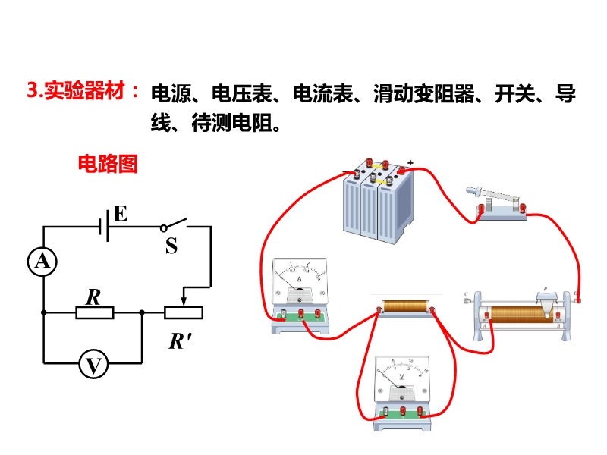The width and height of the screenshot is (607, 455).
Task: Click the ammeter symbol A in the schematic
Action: tap(43, 262)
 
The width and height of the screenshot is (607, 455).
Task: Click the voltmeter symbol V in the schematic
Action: tap(93, 366)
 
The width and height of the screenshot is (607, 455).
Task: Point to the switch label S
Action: tap(171, 246)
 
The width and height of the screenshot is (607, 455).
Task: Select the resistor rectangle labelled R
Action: tap(94, 312)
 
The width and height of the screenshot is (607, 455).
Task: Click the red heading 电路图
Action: tap(108, 164)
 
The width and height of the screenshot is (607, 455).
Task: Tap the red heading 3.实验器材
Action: tap(83, 93)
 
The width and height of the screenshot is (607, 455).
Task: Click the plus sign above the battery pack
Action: tap(410, 162)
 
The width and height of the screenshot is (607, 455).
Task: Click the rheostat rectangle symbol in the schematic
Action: tap(184, 312)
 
